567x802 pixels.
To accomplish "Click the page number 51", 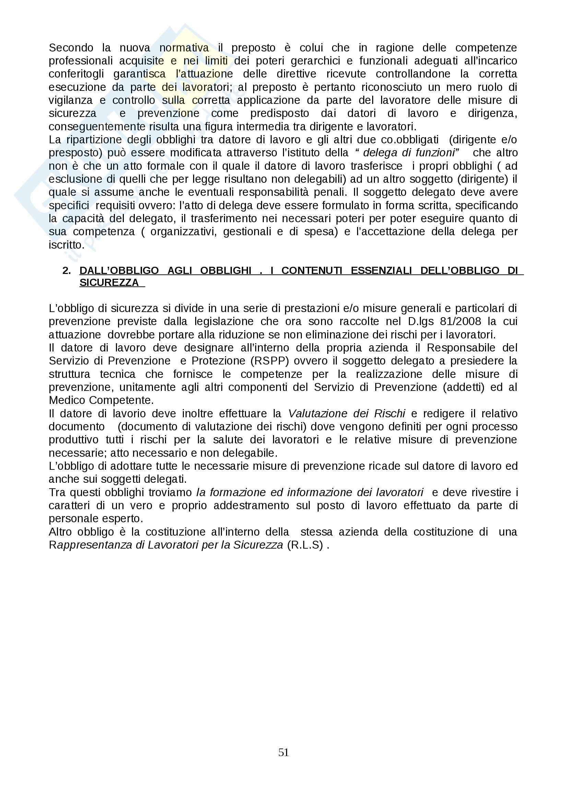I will coord(283,752).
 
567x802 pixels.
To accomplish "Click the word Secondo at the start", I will coord(71,48).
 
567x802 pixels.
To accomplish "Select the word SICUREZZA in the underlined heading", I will coord(109,283).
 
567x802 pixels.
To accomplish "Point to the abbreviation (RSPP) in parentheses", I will coord(269,361).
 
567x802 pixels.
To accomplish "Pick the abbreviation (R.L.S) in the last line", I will coord(305,545).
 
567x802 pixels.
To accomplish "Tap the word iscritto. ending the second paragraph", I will coord(67,245).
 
